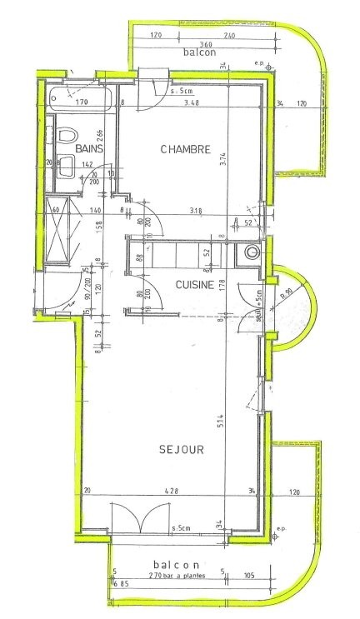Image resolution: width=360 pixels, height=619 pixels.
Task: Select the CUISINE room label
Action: (x=196, y=285)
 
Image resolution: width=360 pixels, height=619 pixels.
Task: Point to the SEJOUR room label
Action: (x=182, y=449)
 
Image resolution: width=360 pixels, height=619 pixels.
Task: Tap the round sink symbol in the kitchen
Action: (x=252, y=253)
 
